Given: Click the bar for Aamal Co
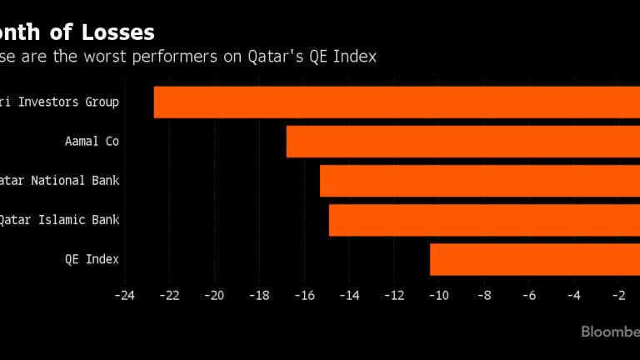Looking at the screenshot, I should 462,142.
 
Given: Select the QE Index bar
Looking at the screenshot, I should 534,259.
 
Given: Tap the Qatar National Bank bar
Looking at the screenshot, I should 479,181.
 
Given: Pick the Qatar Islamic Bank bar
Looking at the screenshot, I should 483,220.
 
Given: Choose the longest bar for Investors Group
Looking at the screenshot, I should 397,102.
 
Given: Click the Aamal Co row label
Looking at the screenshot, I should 92,142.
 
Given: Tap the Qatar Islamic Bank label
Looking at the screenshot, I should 59,220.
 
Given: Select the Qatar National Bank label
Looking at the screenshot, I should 59,181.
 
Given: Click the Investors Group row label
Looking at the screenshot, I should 59,102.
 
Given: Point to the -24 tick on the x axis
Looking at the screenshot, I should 125,295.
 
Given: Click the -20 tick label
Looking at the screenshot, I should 215,295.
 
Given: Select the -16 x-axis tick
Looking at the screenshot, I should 304,295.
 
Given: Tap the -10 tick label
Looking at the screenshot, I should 439,295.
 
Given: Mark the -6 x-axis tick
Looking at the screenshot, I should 529,295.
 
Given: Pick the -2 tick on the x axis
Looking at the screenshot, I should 618,295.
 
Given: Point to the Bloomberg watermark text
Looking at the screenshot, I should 610,332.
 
